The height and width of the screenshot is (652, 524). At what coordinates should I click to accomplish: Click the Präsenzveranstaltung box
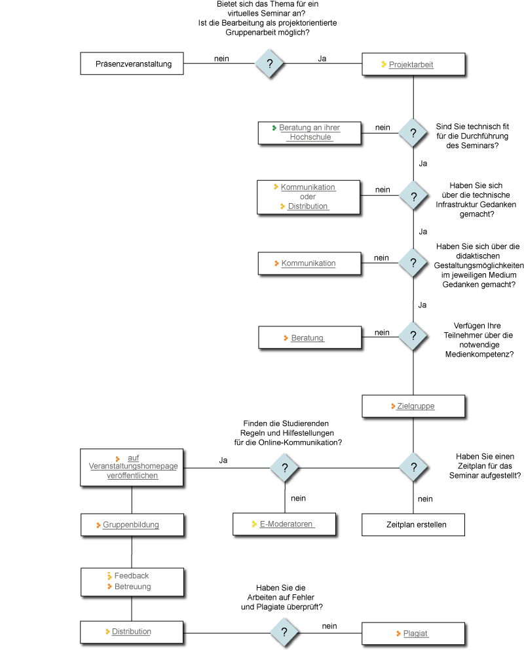pos(133,64)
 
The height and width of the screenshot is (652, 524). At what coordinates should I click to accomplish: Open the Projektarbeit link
pos(411,65)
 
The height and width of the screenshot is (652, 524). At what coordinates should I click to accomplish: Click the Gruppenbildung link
pos(131,525)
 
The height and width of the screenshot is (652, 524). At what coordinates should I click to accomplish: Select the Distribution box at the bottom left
pos(131,632)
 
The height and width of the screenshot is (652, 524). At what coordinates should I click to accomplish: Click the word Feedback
pos(132,576)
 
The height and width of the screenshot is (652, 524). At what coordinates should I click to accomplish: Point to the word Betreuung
pos(132,586)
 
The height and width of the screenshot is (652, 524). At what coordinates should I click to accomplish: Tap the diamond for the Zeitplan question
pos(413,468)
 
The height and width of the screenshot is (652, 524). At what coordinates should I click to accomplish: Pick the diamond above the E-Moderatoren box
pos(285,468)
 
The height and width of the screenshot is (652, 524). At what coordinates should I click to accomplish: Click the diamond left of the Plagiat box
pos(284,632)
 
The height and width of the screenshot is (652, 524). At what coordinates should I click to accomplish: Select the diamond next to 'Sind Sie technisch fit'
pos(413,133)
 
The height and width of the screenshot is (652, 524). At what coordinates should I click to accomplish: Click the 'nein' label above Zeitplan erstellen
pos(425,499)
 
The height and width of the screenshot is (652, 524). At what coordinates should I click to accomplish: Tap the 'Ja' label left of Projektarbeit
pos(322,58)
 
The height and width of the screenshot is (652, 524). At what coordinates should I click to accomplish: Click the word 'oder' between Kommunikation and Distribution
pos(308,197)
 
